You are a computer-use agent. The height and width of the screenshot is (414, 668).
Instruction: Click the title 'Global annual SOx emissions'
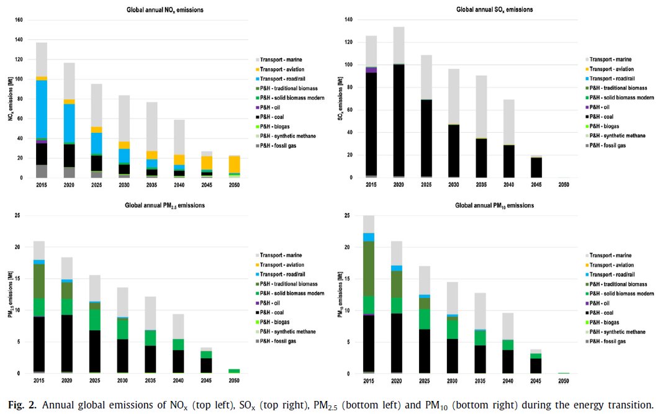[x=494, y=9]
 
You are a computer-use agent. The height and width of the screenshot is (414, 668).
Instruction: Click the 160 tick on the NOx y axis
[x=18, y=20]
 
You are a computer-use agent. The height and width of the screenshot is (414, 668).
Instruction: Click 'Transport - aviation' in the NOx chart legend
[x=282, y=69]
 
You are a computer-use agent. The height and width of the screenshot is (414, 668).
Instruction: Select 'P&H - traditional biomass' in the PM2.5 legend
[x=286, y=284]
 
